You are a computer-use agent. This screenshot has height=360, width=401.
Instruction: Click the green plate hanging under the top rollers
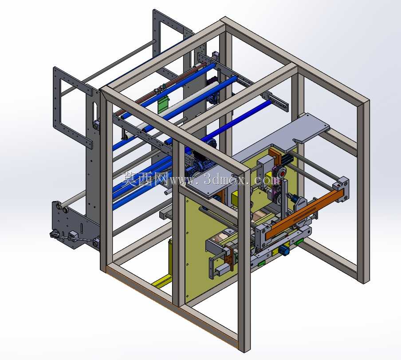tap(164, 105)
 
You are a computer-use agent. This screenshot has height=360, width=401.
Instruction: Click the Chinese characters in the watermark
tap(145, 178)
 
